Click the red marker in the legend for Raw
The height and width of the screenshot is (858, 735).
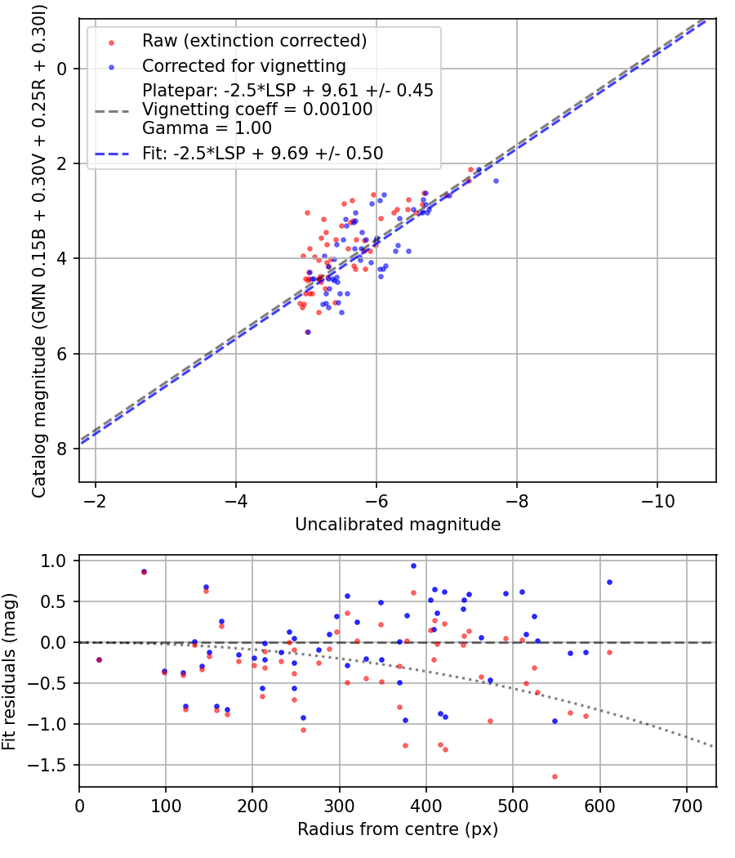coord(112,42)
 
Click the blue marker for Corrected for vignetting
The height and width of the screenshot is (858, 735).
coord(112,68)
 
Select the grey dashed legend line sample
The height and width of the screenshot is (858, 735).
coord(112,112)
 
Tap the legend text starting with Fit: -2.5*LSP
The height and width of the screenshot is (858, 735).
coord(262,154)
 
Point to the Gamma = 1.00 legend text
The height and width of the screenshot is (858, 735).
coord(207,128)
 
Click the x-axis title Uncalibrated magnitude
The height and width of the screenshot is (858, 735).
coord(398,525)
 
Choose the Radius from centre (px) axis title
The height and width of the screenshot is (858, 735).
coord(398,829)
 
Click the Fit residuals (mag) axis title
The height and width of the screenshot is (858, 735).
coord(9,672)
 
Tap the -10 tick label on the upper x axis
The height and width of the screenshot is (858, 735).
coord(657,501)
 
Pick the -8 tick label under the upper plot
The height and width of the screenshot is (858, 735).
coord(517,501)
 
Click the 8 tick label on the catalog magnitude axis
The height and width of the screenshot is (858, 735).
coord(61,449)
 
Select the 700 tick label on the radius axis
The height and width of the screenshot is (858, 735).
coord(687,806)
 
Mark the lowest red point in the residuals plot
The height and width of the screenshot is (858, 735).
coord(555,776)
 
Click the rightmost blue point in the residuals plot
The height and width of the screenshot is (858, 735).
coord(609,582)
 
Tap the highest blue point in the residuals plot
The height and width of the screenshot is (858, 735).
coord(413,565)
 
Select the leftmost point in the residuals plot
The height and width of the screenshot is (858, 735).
coord(99,660)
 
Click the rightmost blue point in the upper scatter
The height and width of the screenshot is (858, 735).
coord(496,181)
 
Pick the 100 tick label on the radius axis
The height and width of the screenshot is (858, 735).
coord(166,806)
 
